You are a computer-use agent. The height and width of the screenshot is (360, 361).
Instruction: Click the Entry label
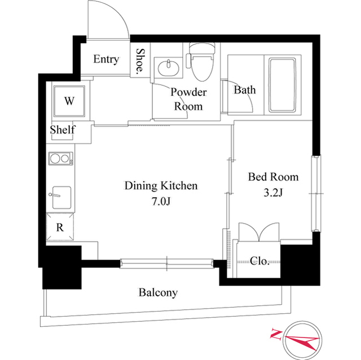(x=106, y=59)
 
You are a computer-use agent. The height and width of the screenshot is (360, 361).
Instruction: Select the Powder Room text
(x=188, y=99)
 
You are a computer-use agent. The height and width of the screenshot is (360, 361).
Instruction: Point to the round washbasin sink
(x=168, y=69)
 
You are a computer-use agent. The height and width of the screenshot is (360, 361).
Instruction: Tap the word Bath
(x=245, y=90)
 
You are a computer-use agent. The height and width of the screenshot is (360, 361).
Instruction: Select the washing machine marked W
(x=69, y=101)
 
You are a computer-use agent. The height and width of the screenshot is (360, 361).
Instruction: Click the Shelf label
(x=63, y=130)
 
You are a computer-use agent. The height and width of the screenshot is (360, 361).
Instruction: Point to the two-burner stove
(x=61, y=159)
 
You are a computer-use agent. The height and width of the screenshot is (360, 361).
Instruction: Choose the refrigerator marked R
(x=60, y=228)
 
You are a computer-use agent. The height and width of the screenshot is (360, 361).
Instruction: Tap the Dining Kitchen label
(x=161, y=185)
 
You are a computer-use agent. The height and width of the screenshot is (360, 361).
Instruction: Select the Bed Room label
(x=274, y=177)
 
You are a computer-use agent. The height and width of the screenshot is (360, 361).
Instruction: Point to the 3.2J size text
(x=274, y=193)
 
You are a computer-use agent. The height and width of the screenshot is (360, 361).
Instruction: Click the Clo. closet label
(x=259, y=260)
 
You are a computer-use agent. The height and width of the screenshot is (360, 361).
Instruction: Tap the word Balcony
(x=158, y=292)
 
